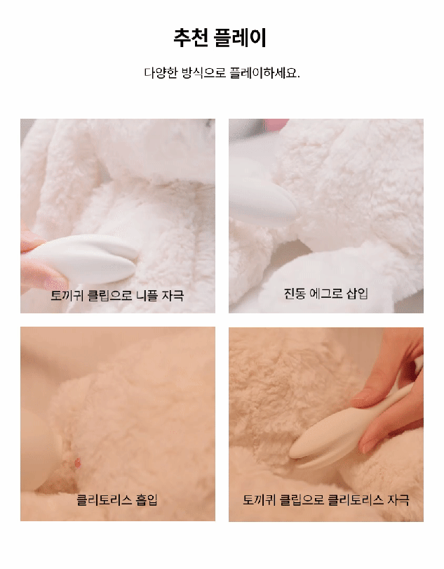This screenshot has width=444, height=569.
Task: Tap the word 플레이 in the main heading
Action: click(240, 38)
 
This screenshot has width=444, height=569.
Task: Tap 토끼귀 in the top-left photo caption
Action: click(67, 295)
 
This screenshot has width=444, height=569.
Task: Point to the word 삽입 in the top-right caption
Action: click(358, 293)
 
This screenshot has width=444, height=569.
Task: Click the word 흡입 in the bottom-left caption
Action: click(147, 500)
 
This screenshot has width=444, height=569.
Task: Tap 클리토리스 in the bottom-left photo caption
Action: click(105, 500)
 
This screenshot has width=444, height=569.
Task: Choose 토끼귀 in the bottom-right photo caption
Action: click(260, 500)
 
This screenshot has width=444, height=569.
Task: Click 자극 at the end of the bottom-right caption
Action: click(398, 500)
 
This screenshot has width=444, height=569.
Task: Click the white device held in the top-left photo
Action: click(81, 259)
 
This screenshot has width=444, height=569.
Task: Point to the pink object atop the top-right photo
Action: click(276, 124)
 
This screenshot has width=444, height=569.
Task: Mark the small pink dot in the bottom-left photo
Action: click(77, 462)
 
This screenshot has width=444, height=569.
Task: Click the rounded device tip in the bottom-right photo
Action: click(301, 447)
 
